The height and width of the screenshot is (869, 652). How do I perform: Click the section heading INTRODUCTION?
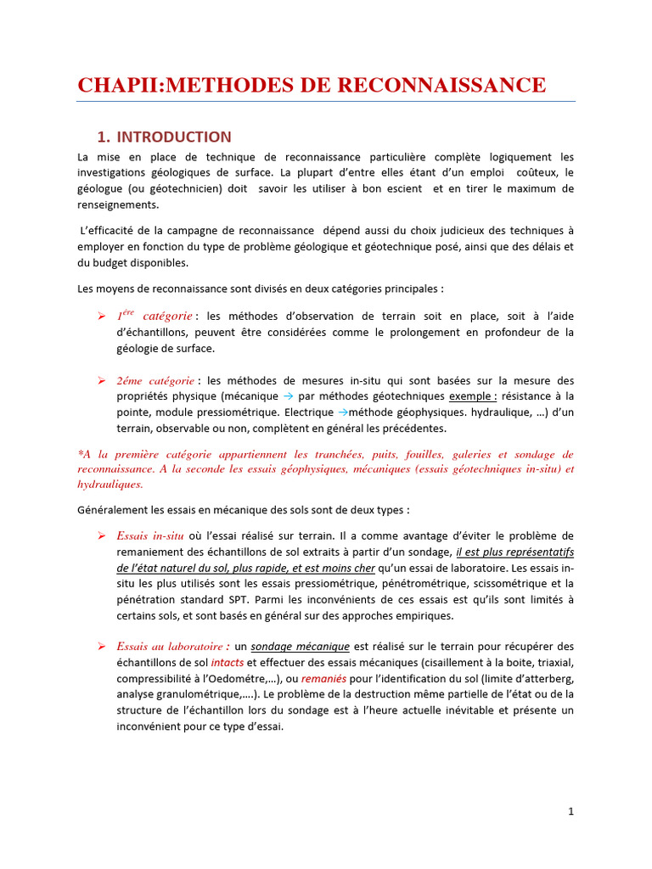[173, 137]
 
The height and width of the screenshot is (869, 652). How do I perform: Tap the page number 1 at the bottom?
[571, 811]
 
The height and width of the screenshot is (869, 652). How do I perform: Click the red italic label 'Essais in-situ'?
[150, 535]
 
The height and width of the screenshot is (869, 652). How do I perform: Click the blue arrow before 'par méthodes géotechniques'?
[288, 396]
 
